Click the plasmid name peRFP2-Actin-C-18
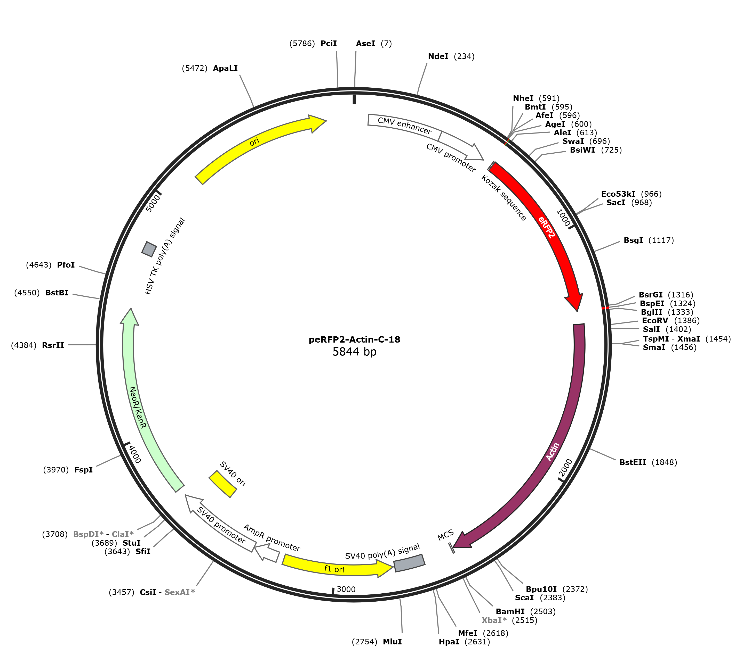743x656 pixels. pyautogui.click(x=354, y=339)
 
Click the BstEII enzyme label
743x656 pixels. pyautogui.click(x=633, y=462)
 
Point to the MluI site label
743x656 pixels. pyautogui.click(x=392, y=642)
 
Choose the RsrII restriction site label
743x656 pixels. pyautogui.click(x=53, y=345)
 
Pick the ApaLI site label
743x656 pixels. pyautogui.click(x=225, y=68)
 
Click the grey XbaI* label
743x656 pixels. pyautogui.click(x=494, y=620)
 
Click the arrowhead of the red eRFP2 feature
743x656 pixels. pyautogui.click(x=575, y=301)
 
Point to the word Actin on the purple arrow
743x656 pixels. pyautogui.click(x=553, y=452)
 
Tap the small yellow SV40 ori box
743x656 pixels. pyautogui.click(x=223, y=484)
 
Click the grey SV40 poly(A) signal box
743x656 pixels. pyautogui.click(x=410, y=563)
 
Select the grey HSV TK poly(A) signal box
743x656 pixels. pyautogui.click(x=149, y=249)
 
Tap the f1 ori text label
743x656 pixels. pyautogui.click(x=334, y=569)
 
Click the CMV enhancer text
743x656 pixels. pyautogui.click(x=405, y=126)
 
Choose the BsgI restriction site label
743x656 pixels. pyautogui.click(x=633, y=240)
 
